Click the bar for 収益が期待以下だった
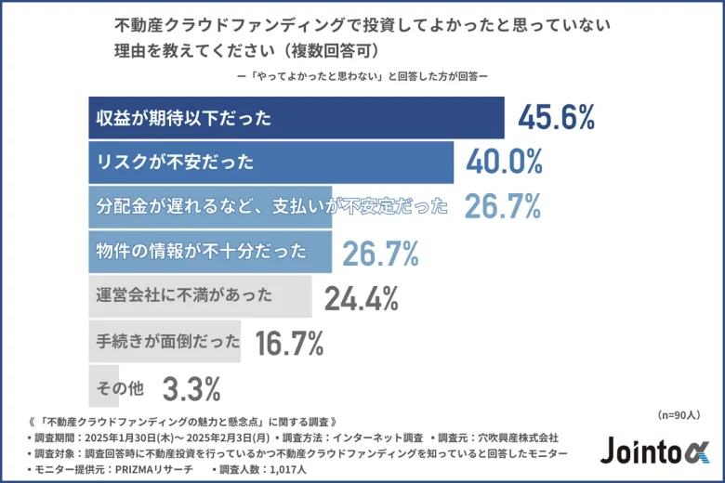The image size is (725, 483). pos(296,118)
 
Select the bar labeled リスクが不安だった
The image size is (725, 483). pos(270,163)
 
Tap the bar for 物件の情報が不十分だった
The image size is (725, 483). pos(209,252)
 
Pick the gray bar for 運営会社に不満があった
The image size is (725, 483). pos(200,296)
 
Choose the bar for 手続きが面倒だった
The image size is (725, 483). pos(165,341)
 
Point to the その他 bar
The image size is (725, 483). pos(121,385)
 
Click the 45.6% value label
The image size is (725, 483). pos(556,118)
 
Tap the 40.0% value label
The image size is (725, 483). pos(505,163)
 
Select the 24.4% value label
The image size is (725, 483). pos(362,297)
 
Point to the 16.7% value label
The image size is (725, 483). pos(289,342)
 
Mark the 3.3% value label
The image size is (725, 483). pos(191,386)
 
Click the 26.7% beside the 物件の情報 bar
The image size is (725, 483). pos(380,253)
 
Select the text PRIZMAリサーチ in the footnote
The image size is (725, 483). pos(146,470)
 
